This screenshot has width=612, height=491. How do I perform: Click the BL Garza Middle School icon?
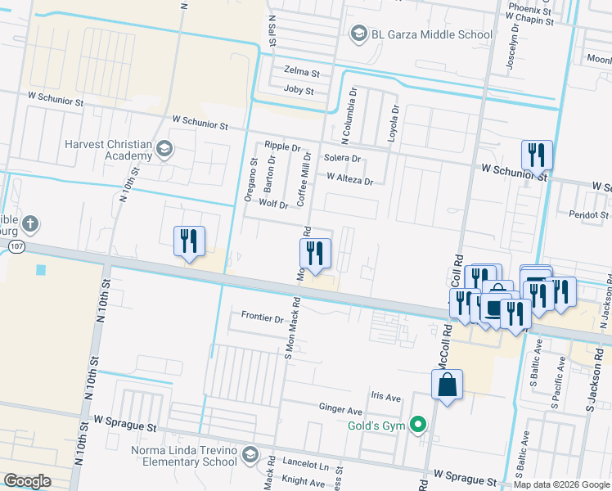pyautogui.click(x=358, y=34)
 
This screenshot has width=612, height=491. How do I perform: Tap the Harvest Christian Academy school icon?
pyautogui.click(x=164, y=149)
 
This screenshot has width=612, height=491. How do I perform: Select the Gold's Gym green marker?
pyautogui.click(x=419, y=424)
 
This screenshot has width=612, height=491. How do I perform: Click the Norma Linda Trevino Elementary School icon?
pyautogui.click(x=250, y=454)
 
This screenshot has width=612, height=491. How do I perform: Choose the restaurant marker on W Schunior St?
pyautogui.click(x=537, y=154)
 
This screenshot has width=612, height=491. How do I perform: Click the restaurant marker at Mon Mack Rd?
pyautogui.click(x=315, y=253)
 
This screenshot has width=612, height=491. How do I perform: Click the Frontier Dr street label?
pyautogui.click(x=262, y=317)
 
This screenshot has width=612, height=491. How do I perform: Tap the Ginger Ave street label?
pyautogui.click(x=340, y=409)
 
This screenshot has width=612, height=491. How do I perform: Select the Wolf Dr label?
pyautogui.click(x=274, y=204)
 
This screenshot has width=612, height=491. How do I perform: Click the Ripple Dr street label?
pyautogui.click(x=283, y=147)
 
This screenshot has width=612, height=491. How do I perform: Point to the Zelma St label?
pyautogui.click(x=301, y=72)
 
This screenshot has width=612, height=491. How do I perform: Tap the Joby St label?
pyautogui.click(x=299, y=90)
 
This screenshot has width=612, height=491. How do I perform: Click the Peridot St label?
pyautogui.click(x=588, y=214)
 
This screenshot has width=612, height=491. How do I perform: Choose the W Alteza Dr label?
pyautogui.click(x=349, y=178)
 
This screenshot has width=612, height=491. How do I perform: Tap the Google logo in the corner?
pyautogui.click(x=27, y=481)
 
